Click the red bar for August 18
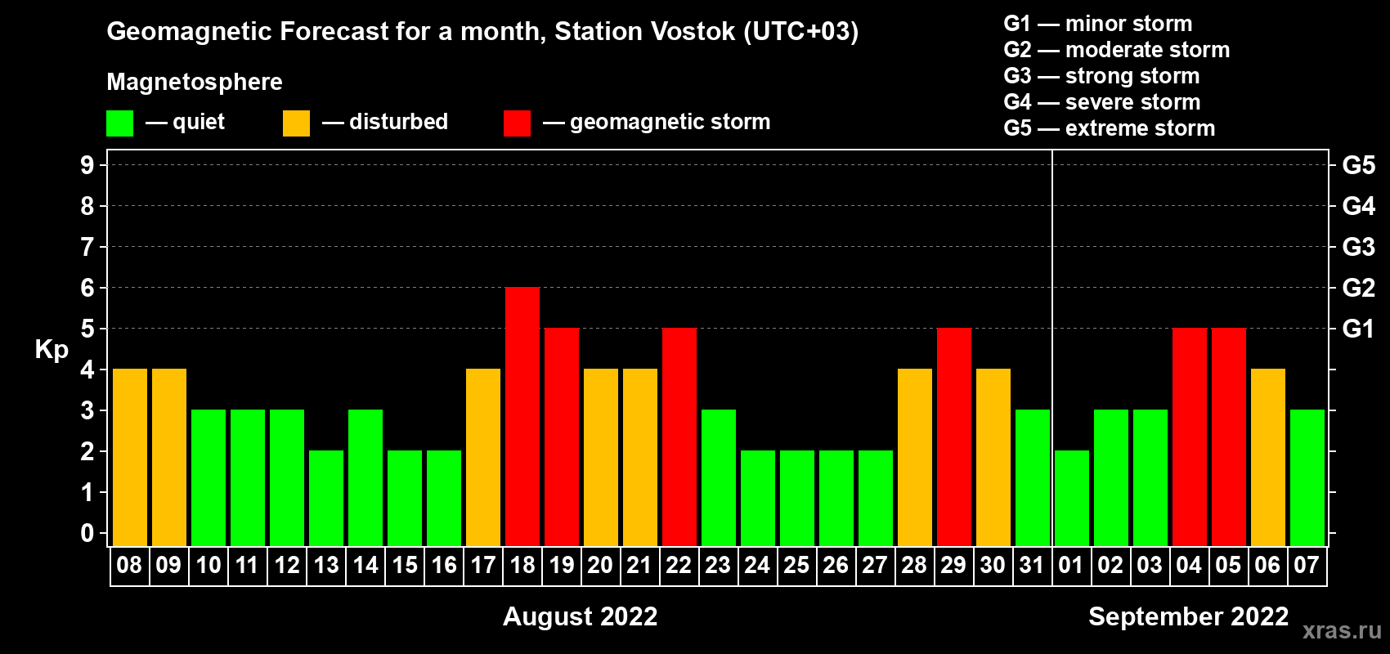point(522,416)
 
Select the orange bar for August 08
point(130,457)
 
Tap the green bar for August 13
point(326,498)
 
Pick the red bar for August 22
point(679,437)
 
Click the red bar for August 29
point(954,437)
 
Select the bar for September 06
point(1268,457)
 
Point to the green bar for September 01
point(1072,498)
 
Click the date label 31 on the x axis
point(1031,565)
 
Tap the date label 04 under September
point(1189,565)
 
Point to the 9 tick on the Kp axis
point(87,165)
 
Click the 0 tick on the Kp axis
point(87,533)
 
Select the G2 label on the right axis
point(1359,288)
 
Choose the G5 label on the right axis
point(1359,165)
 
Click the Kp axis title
point(52,350)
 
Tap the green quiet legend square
point(119,123)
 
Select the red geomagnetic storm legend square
point(518,123)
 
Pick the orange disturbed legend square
point(297,123)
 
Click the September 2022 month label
point(1188,616)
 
